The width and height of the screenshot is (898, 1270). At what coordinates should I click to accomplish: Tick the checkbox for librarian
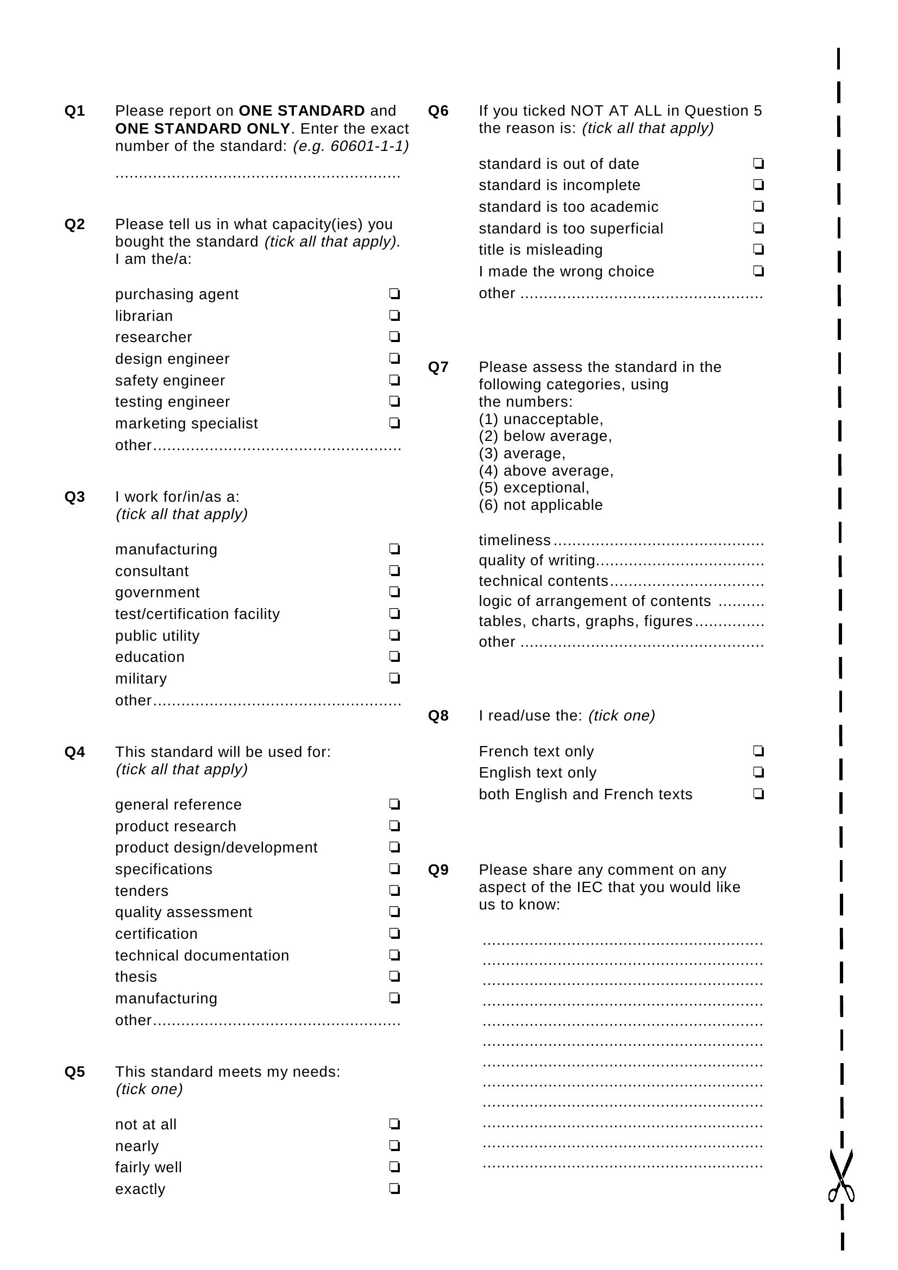tap(394, 315)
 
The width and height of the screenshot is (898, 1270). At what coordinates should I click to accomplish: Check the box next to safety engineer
tap(394, 380)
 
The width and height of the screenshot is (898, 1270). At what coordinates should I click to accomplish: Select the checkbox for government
tap(394, 592)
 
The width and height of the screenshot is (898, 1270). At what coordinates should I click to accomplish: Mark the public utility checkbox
tap(394, 635)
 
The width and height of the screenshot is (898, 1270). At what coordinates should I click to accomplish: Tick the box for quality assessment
tap(394, 912)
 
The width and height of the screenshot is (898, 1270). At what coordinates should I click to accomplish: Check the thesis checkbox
tap(394, 976)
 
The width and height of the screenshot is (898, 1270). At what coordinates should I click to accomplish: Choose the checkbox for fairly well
tap(394, 1167)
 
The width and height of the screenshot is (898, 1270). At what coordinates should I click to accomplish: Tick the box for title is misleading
tap(758, 249)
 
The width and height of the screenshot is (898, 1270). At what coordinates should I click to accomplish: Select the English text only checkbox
tap(758, 772)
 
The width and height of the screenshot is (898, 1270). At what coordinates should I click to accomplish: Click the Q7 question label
tap(438, 367)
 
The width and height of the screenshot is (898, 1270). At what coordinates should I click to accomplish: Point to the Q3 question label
tap(74, 497)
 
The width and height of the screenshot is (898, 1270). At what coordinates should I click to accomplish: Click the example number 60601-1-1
tap(369, 146)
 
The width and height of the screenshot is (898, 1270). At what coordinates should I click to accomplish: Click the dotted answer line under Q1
tap(258, 176)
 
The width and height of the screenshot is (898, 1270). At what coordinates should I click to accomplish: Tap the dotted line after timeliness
tap(658, 542)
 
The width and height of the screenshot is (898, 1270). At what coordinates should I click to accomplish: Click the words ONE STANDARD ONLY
tap(203, 128)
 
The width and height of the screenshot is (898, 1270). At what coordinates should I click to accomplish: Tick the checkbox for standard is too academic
tap(758, 206)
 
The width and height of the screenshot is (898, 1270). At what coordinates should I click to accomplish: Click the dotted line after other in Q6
tap(642, 295)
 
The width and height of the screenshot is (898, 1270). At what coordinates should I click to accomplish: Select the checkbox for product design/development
tap(394, 847)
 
